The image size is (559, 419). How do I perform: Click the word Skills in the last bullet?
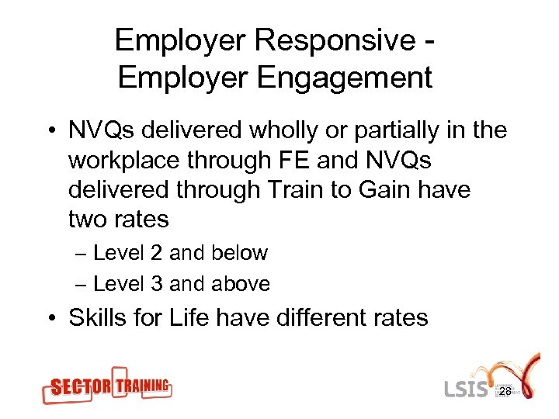point(102,317)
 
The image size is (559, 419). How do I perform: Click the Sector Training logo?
point(106,386)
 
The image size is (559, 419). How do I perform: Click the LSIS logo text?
point(466,388)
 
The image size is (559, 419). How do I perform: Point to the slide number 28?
point(505,393)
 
